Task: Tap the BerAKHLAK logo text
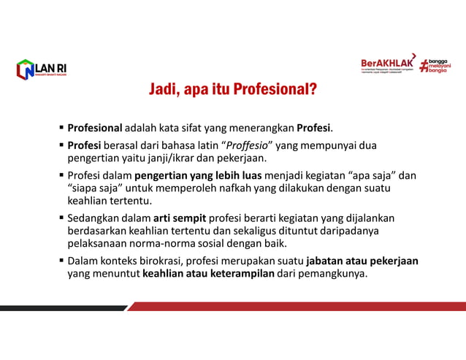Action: [388, 64]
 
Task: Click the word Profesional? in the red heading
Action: [275, 90]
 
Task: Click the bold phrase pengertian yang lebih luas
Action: [212, 175]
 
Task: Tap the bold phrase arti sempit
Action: [180, 218]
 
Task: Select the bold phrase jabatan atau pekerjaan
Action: [362, 261]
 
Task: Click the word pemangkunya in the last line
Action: [333, 274]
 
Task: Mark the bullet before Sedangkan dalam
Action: [61, 218]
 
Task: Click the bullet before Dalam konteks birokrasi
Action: [61, 261]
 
